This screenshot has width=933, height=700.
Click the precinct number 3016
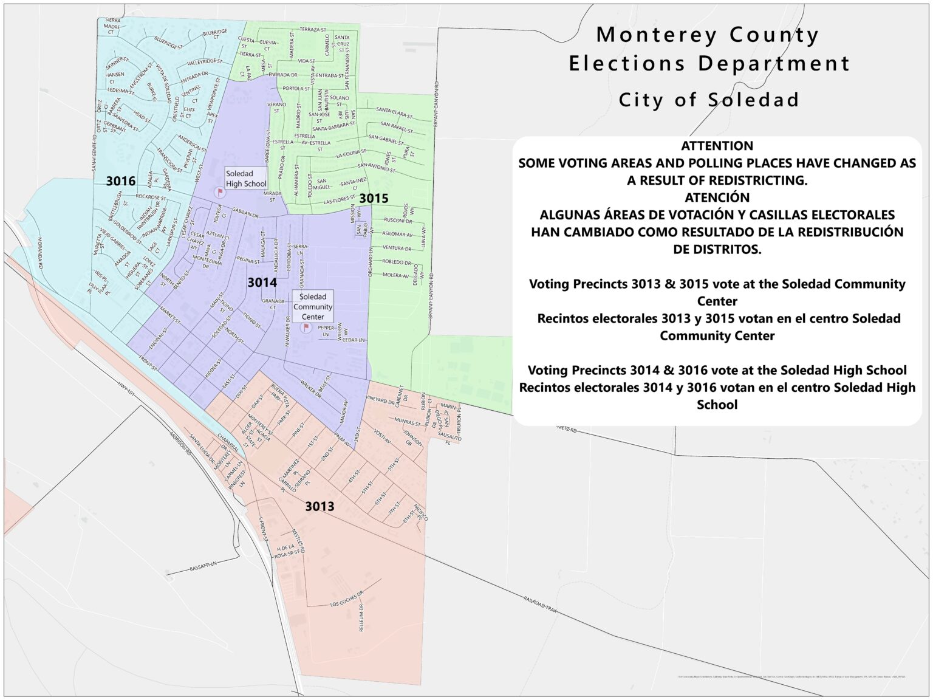click(x=120, y=180)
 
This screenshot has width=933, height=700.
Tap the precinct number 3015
click(x=373, y=198)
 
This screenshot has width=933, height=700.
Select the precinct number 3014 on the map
click(x=262, y=282)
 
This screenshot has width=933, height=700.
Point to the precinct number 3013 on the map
click(x=320, y=506)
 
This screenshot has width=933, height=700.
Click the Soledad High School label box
click(x=245, y=179)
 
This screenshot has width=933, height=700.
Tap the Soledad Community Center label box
click(x=313, y=306)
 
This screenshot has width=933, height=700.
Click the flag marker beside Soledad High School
click(x=220, y=193)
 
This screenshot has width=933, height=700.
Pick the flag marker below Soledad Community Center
click(x=306, y=328)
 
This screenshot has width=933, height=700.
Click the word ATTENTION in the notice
click(x=717, y=146)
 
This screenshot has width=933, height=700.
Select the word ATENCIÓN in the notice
click(x=717, y=197)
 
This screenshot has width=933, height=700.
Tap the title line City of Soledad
click(x=708, y=100)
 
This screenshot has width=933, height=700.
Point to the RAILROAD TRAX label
click(x=539, y=604)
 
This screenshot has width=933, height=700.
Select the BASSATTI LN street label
click(x=203, y=566)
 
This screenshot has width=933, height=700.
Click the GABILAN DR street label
click(x=245, y=214)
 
